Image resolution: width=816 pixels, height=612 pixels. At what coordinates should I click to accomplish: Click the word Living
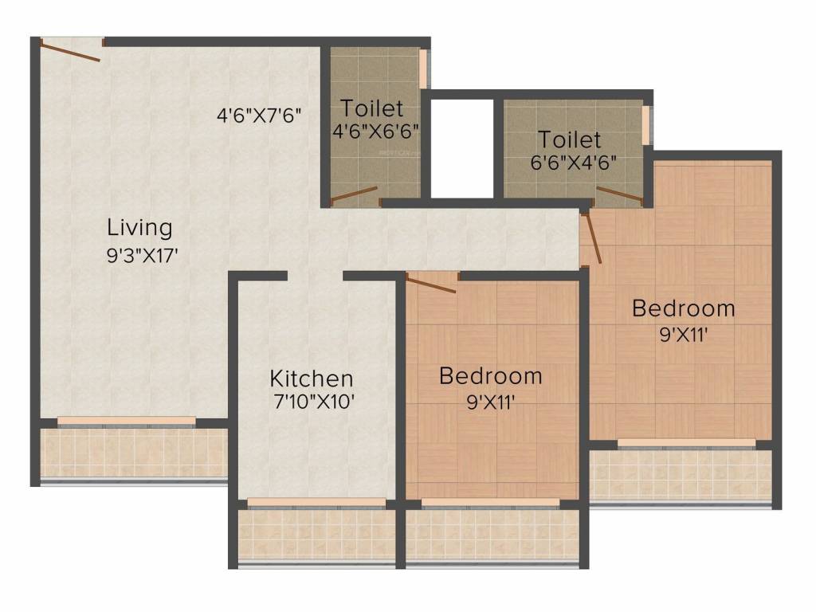pos(139,228)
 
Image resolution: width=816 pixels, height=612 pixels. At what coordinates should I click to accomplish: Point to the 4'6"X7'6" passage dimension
pos(258,115)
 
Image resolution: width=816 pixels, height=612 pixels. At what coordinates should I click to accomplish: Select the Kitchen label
pos(311,378)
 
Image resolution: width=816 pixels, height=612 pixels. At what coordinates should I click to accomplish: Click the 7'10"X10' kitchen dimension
pos(313,402)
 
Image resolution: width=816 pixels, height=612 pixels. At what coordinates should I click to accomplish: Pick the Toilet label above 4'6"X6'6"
pos(372,108)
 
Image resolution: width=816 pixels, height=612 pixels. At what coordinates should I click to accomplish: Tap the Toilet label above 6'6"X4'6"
pos(568,140)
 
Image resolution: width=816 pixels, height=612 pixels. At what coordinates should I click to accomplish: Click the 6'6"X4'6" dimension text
pos(574,163)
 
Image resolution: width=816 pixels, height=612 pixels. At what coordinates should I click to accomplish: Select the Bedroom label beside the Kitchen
pos(490,375)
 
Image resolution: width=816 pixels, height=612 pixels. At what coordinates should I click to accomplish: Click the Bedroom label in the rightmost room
pos(683,308)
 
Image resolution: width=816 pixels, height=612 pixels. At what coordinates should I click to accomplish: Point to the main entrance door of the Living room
pos(71,50)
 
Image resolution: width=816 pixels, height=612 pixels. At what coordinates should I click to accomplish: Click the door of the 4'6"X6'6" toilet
pos(354,195)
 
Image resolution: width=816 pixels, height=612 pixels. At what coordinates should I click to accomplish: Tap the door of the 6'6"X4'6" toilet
pos(619,194)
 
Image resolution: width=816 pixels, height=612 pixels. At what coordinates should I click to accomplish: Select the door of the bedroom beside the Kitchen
pos(430,284)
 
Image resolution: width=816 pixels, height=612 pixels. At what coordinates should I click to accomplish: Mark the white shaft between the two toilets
pos(462,148)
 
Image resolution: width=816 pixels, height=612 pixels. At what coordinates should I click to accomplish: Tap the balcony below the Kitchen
pos(316,534)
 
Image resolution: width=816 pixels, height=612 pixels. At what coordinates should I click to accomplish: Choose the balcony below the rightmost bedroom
pos(681,476)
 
